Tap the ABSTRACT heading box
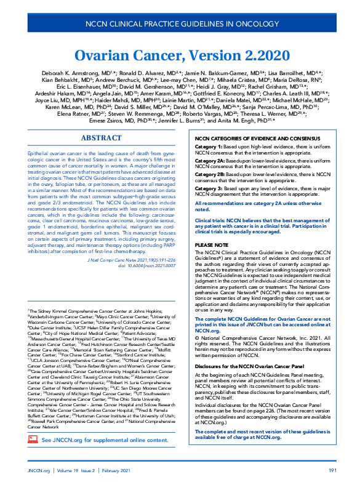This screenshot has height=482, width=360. click(x=102, y=138)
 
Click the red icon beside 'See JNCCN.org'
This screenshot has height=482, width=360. click(x=33, y=457)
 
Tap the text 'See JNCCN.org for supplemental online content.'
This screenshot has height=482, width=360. click(x=104, y=457)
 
